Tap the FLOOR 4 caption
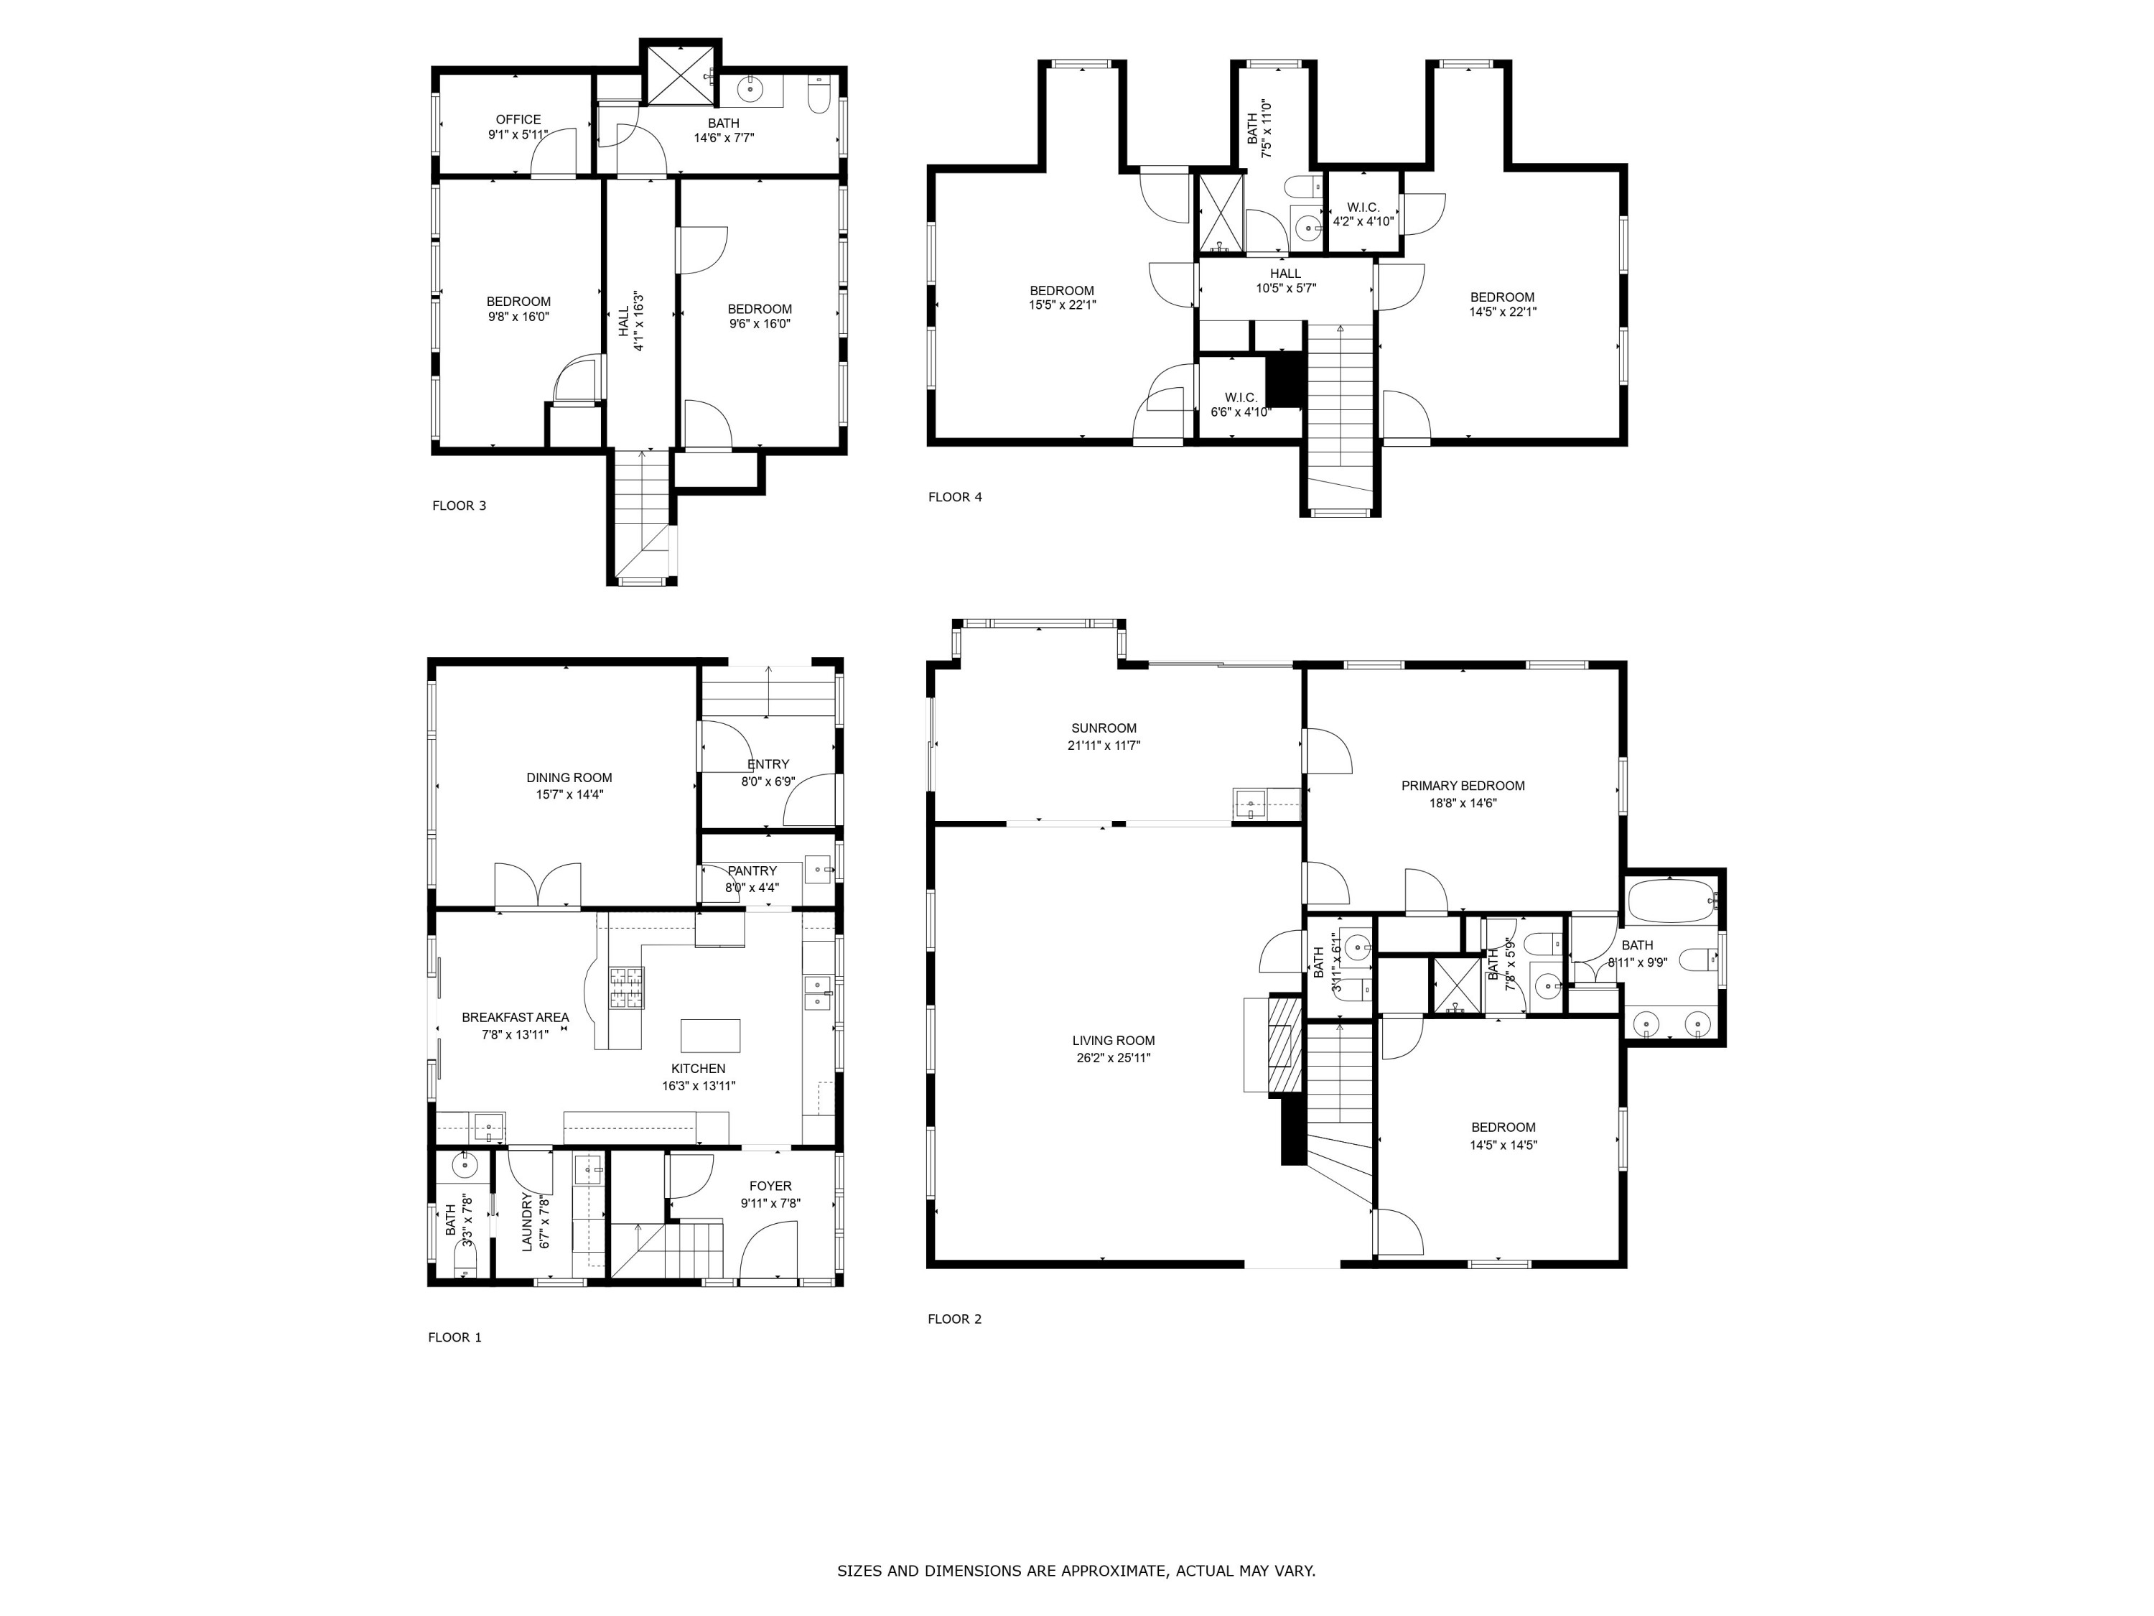tap(954, 497)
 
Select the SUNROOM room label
tap(1104, 728)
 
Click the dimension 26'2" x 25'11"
tap(1113, 1058)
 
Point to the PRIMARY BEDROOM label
tap(1463, 786)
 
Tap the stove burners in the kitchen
tap(626, 987)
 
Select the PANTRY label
tap(752, 870)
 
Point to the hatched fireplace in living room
tap(1285, 1044)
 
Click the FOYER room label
tap(770, 1186)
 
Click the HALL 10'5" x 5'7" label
tap(1285, 281)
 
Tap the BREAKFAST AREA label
tap(515, 1017)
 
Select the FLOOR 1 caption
tap(454, 1337)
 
